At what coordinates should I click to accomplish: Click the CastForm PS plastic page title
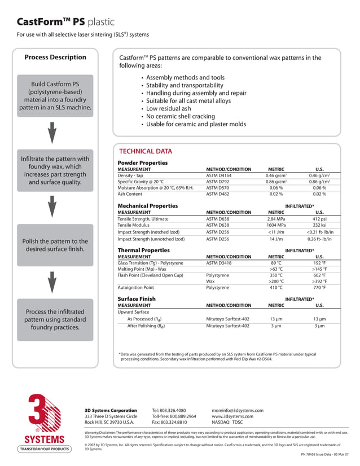[x=65, y=23]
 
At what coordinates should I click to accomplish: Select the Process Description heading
[x=55, y=57]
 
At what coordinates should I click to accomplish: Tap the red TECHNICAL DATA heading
[x=146, y=151]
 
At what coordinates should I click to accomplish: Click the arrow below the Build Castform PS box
[x=52, y=133]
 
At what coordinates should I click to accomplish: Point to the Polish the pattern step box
[x=55, y=245]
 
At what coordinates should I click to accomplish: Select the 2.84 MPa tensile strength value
[x=275, y=219]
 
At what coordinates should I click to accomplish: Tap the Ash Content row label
[x=130, y=194]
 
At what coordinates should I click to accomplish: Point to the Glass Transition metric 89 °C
[x=276, y=263]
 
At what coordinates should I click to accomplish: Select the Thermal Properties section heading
[x=143, y=250]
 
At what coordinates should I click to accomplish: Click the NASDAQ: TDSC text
[x=227, y=423]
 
